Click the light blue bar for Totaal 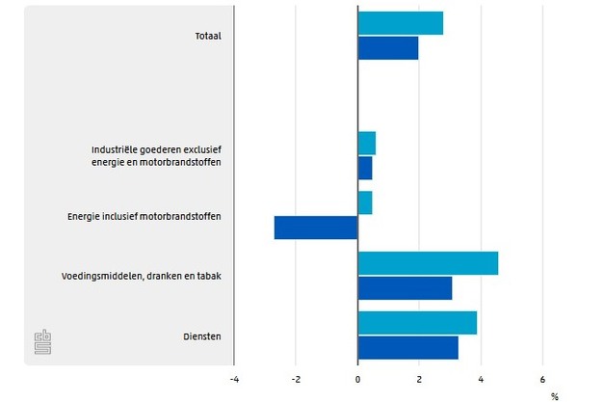coord(400,23)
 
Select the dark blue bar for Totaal coord(387,48)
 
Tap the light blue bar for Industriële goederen coord(366,144)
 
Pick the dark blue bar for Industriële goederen coord(364,168)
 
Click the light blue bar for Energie coord(364,203)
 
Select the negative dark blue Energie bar coord(316,228)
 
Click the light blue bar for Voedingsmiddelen coord(428,263)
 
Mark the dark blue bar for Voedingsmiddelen coord(405,287)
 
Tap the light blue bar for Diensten coord(417,323)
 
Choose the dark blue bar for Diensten coord(407,347)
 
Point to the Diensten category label coord(202,336)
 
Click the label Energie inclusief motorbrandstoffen coord(150,216)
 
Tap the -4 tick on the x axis coord(233,379)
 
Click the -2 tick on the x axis coord(295,379)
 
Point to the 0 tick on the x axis coord(357,379)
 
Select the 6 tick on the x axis coord(542,379)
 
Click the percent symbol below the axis coord(555,394)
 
